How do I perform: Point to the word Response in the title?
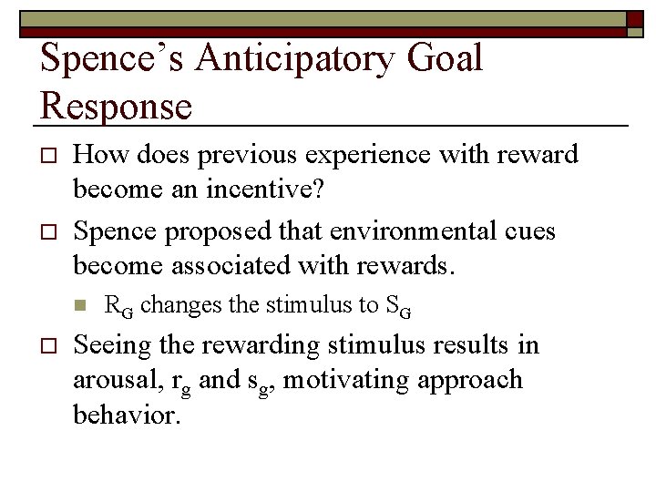tap(117, 106)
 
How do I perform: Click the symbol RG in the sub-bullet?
tap(119, 306)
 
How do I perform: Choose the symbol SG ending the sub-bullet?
tap(398, 306)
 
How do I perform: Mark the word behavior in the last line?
tap(128, 415)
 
